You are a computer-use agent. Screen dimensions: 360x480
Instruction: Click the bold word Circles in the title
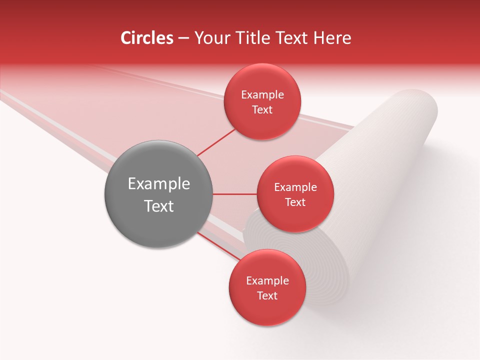point(147,38)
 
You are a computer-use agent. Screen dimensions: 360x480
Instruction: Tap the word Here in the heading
point(332,38)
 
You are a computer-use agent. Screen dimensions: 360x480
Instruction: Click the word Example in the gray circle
point(159,184)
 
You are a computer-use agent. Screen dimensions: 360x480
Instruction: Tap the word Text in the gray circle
point(159,206)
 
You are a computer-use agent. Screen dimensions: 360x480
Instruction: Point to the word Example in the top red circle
point(262,95)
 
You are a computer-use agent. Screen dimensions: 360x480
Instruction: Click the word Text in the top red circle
point(262,110)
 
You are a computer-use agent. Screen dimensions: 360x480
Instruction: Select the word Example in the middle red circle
point(295,187)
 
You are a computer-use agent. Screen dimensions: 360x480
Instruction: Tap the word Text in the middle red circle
point(295,202)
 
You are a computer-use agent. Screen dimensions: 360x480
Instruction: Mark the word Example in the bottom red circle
point(267,281)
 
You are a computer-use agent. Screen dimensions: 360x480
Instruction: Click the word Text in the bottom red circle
point(267,296)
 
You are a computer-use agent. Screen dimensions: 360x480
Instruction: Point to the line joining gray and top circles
point(216,142)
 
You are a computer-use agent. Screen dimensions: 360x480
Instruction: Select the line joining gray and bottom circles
point(220,246)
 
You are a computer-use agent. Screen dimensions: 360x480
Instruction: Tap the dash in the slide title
point(183,38)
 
